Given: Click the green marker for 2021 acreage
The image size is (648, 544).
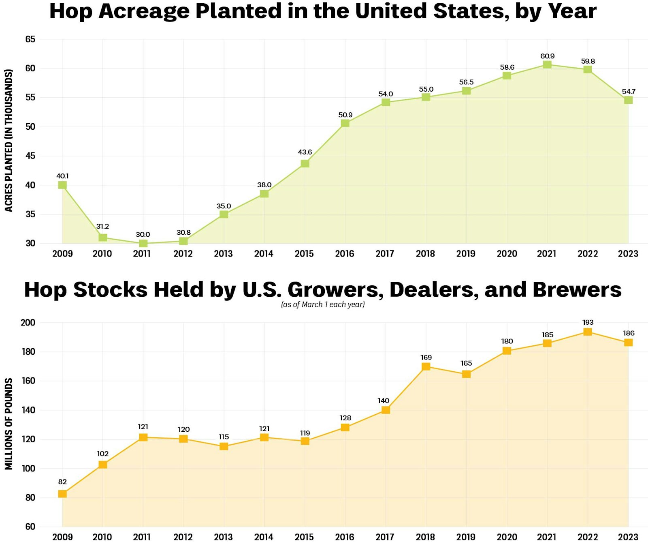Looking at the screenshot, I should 547,64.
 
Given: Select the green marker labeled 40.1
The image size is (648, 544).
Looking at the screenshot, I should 62,185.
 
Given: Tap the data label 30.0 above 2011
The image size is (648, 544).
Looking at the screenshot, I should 143,234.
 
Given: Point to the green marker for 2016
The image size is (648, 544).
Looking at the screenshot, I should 345,123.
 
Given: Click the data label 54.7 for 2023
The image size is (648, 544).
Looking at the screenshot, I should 629,92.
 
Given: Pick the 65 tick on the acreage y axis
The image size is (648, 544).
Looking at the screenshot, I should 30,39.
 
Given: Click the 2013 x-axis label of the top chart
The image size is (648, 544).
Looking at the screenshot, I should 223,254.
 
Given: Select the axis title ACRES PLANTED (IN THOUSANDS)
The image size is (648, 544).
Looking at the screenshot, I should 9,140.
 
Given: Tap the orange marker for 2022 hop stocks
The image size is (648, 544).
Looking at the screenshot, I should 588,332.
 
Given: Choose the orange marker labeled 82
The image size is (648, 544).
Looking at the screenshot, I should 62,494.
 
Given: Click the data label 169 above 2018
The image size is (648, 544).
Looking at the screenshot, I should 426,357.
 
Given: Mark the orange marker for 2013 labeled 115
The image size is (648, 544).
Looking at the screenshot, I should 224,446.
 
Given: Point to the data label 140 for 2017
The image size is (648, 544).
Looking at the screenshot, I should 383,401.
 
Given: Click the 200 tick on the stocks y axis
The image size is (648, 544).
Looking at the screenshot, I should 28,323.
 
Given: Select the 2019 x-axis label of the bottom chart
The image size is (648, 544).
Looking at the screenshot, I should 466,537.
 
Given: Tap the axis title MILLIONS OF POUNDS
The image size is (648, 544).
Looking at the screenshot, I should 9,424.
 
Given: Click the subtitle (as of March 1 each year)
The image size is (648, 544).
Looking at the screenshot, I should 323,304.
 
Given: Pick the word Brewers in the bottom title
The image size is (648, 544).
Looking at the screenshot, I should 577,290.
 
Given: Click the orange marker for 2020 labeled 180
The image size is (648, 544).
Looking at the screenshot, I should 507,351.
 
